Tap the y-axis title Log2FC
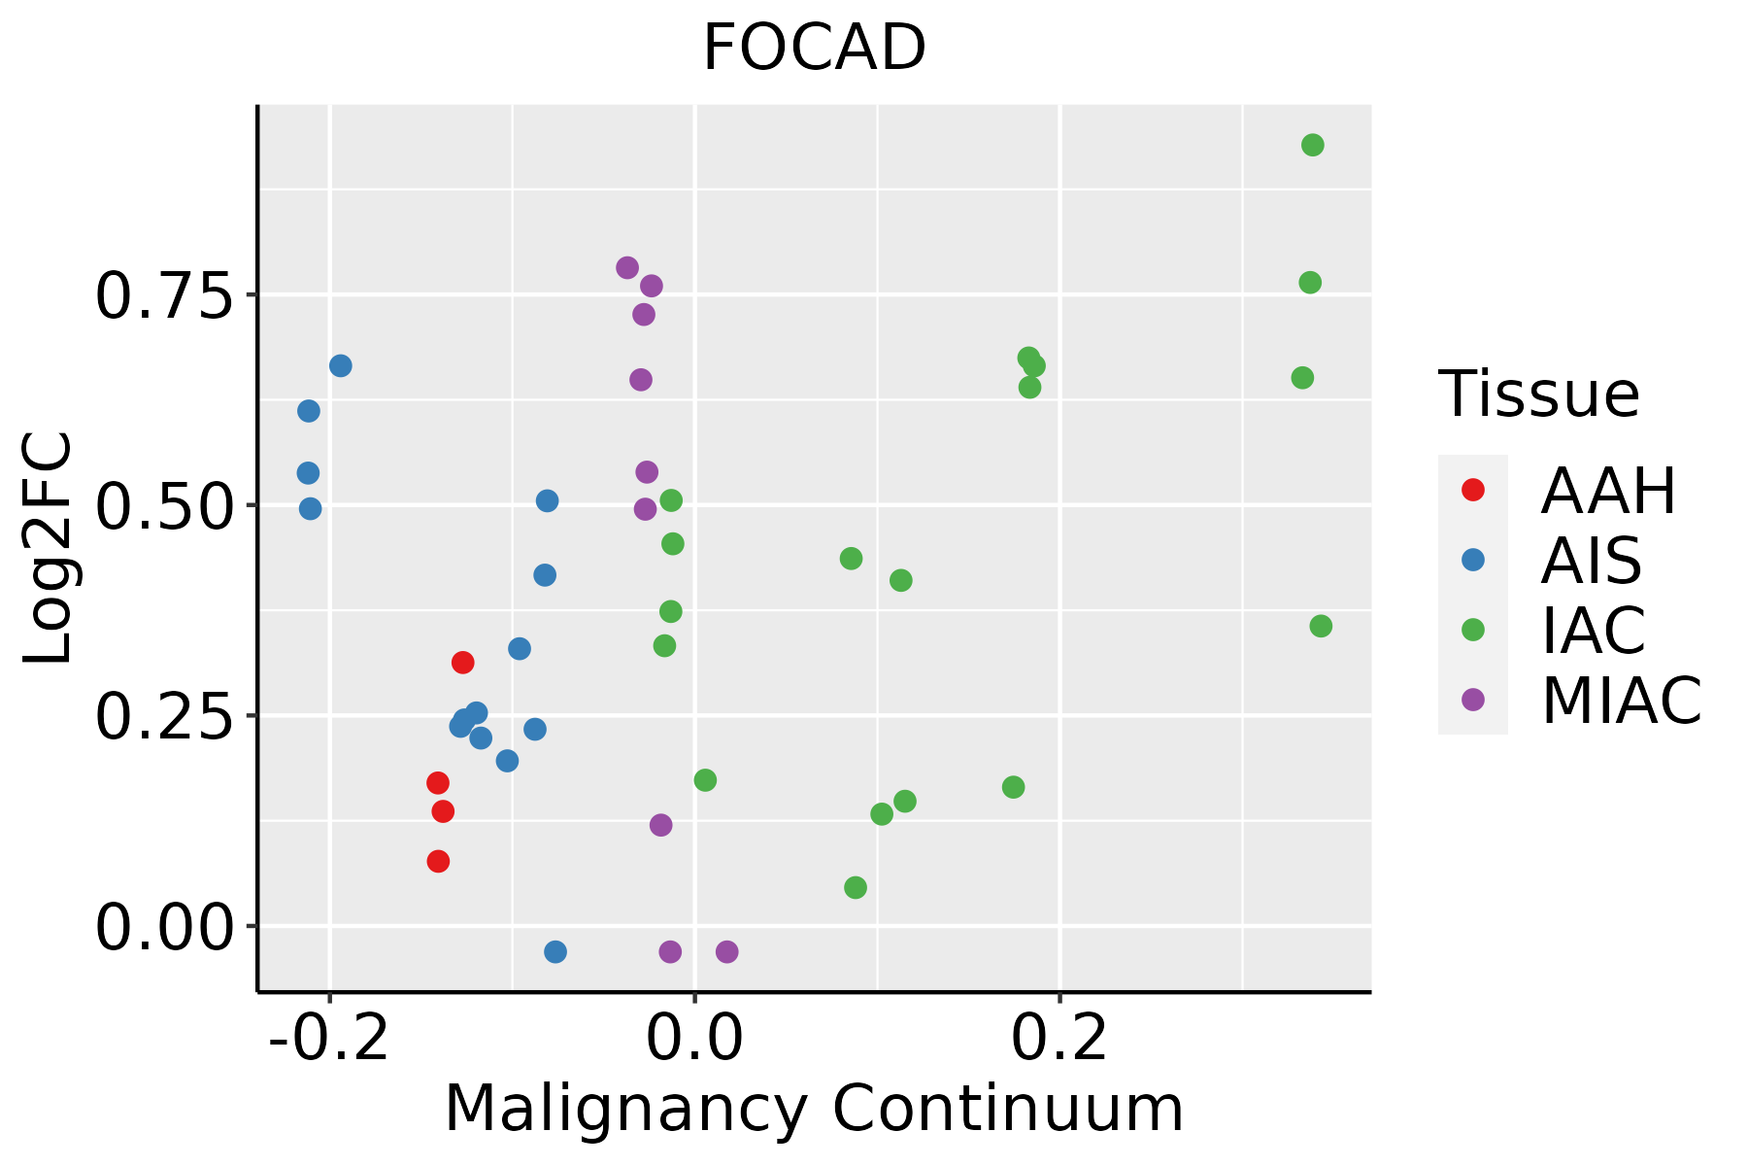(49, 548)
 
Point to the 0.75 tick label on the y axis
(165, 295)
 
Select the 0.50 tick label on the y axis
(165, 506)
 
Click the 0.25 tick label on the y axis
(165, 717)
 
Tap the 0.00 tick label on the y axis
(165, 927)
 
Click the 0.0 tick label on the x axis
(694, 1038)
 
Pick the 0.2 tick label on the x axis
(1059, 1038)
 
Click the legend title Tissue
(1538, 394)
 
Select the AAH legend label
(1608, 491)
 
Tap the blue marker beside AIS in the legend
(1473, 560)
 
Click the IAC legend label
(1593, 630)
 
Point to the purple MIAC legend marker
(1473, 700)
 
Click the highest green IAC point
(1313, 146)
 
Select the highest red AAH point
(463, 663)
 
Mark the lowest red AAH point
(439, 861)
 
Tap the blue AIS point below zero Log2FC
(555, 951)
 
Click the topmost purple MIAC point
(627, 268)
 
